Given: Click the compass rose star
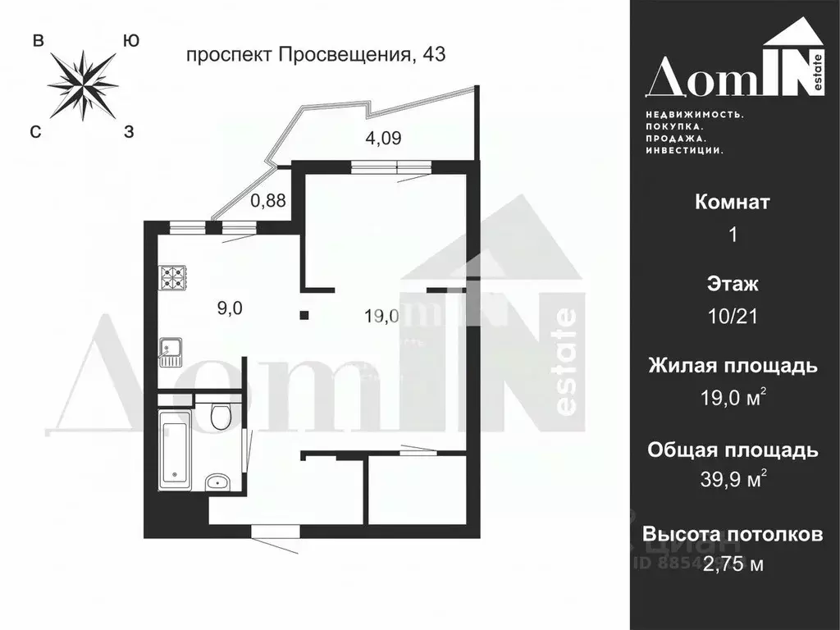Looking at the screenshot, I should [x=83, y=84].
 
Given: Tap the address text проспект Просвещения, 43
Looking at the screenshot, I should [x=316, y=56].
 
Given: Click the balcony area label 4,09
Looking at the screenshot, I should [x=383, y=138].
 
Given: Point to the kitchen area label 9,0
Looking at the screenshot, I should [x=230, y=308].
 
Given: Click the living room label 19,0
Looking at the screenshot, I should [x=382, y=316].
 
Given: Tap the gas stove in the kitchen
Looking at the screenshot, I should [x=173, y=278].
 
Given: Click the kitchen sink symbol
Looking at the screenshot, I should [x=169, y=352].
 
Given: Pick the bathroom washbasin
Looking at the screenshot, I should [x=216, y=481].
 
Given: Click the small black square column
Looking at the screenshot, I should [x=304, y=314].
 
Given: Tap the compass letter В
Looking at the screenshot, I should [x=38, y=41].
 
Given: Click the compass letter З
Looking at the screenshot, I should [x=129, y=131].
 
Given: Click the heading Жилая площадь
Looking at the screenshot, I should [x=733, y=366].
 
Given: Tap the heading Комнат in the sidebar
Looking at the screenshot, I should [x=733, y=202].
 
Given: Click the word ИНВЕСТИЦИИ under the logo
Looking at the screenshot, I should [x=683, y=151].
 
